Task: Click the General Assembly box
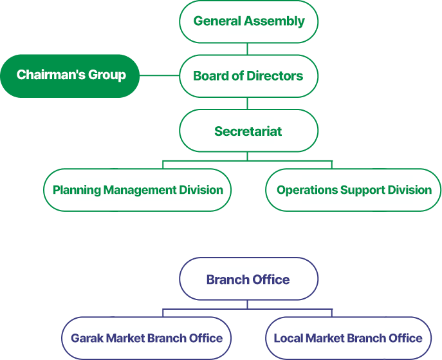click(x=248, y=21)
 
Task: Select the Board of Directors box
click(x=248, y=76)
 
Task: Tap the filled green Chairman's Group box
click(x=71, y=75)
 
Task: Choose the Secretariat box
click(x=248, y=131)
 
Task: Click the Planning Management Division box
click(x=138, y=190)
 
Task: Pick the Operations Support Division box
click(x=354, y=190)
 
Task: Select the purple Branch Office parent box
click(x=248, y=279)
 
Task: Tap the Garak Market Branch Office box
click(x=147, y=338)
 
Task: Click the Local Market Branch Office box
click(x=348, y=338)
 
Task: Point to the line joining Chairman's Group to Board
click(x=159, y=75)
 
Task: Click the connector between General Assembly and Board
click(x=248, y=48)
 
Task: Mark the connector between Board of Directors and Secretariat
click(x=248, y=104)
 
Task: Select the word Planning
click(x=77, y=190)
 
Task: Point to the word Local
click(x=288, y=338)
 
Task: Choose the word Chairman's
click(x=46, y=75)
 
